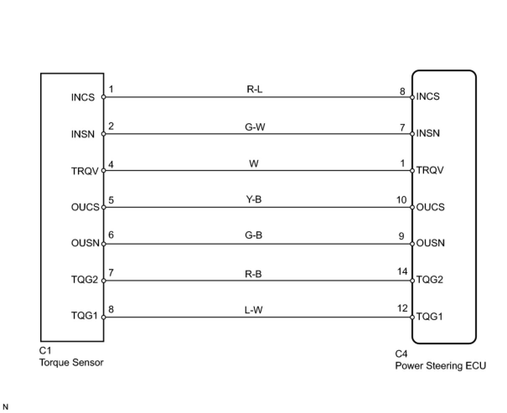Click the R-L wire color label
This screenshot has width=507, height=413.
254,89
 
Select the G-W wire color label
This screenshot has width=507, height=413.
255,126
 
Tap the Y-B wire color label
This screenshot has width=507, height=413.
253,199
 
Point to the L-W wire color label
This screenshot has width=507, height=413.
253,310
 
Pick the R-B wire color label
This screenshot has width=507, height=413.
253,274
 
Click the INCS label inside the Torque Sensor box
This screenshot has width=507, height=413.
83,98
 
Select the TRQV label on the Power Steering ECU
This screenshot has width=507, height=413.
430,170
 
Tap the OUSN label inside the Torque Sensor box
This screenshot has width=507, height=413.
85,243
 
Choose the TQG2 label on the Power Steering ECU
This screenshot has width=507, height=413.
429,280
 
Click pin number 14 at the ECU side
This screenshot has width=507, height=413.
402,272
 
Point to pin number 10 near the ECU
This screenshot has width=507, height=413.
401,200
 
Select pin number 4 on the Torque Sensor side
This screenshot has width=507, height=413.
111,164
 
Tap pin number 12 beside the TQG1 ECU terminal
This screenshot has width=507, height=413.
402,308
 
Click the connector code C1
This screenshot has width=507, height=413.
45,351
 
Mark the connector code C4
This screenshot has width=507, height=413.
401,354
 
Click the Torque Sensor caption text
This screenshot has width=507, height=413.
71,363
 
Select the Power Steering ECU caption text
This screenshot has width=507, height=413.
440,366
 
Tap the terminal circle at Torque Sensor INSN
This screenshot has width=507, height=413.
103,134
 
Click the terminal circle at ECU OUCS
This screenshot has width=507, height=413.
412,207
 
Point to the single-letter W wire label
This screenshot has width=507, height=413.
254,163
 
